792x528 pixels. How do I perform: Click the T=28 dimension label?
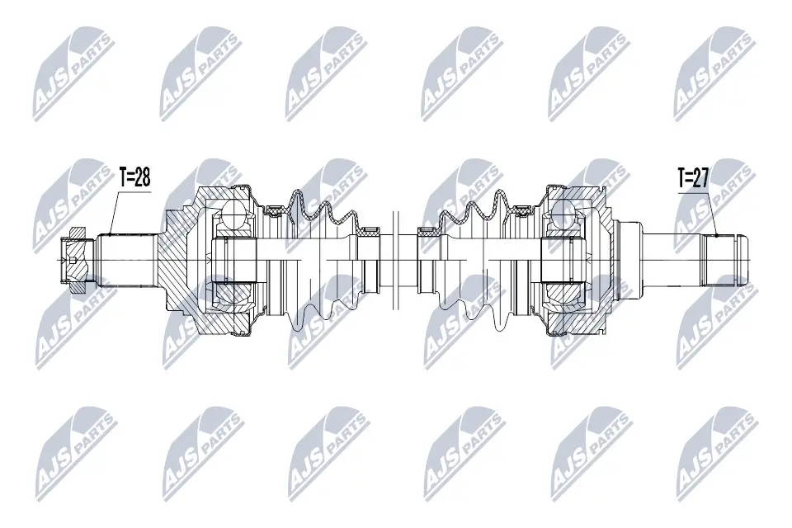[x=135, y=177]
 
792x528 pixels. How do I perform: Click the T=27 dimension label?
[x=694, y=177]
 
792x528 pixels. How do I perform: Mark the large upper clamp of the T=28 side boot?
[x=272, y=214]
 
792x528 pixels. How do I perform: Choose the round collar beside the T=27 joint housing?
[x=629, y=260]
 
